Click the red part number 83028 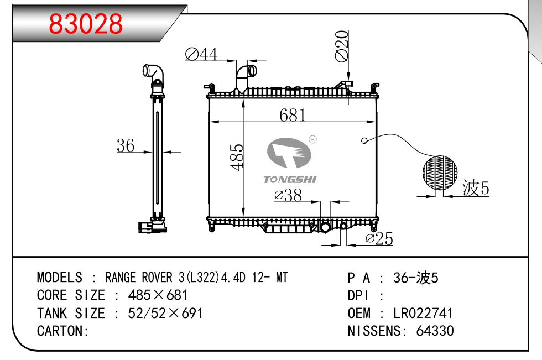[x=86, y=24]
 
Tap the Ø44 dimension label [x=201, y=54]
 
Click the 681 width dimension [x=293, y=114]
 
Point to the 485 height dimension [x=237, y=157]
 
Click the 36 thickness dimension [x=126, y=145]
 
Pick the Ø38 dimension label [x=288, y=195]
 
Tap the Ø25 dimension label [x=379, y=239]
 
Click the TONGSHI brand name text [x=290, y=179]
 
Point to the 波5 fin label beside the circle [x=476, y=189]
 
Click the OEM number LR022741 [x=423, y=313]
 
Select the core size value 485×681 [x=158, y=295]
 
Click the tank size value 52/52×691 [x=165, y=313]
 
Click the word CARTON [x=61, y=331]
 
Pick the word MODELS [x=60, y=278]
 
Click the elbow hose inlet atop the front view [x=245, y=75]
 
